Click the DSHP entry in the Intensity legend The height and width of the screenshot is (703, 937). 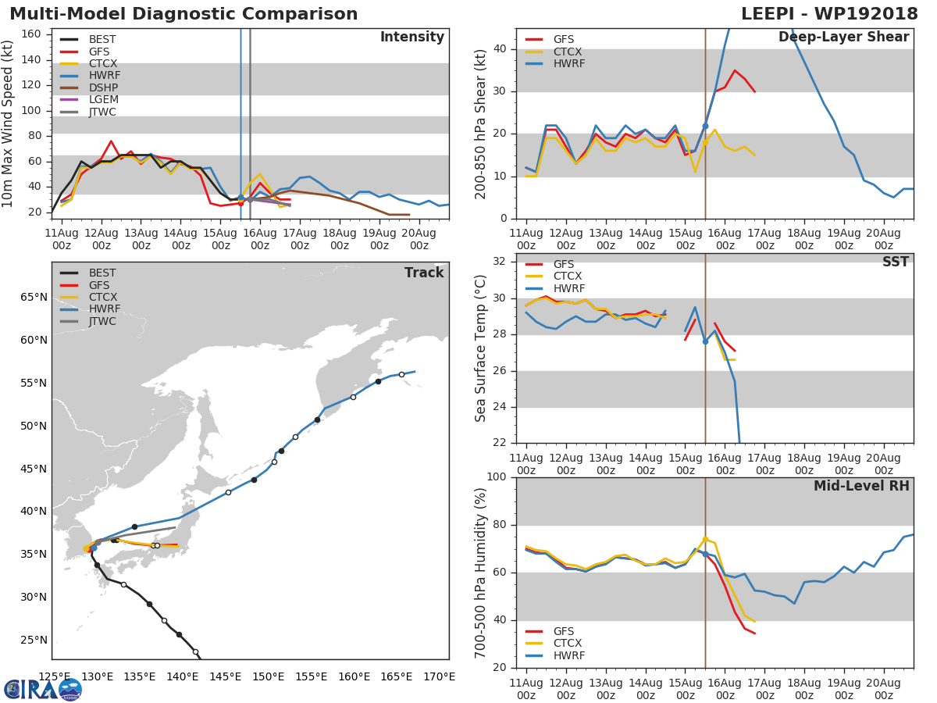click(102, 87)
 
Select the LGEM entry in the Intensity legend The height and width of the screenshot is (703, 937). click(102, 100)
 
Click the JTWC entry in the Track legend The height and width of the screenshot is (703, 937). click(102, 322)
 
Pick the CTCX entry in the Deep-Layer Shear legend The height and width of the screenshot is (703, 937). click(568, 52)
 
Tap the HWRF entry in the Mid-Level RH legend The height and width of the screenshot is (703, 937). click(568, 655)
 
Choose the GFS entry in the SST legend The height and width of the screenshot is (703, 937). click(563, 264)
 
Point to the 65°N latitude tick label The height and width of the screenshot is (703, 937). click(33, 297)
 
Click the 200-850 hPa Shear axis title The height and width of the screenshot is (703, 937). click(481, 123)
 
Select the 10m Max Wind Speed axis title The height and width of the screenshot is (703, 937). click(9, 123)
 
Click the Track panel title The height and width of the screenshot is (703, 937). click(423, 273)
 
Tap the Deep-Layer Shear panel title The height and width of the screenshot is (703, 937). click(843, 37)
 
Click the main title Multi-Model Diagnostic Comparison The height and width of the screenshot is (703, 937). click(183, 14)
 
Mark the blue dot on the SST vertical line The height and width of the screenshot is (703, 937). click(705, 341)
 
